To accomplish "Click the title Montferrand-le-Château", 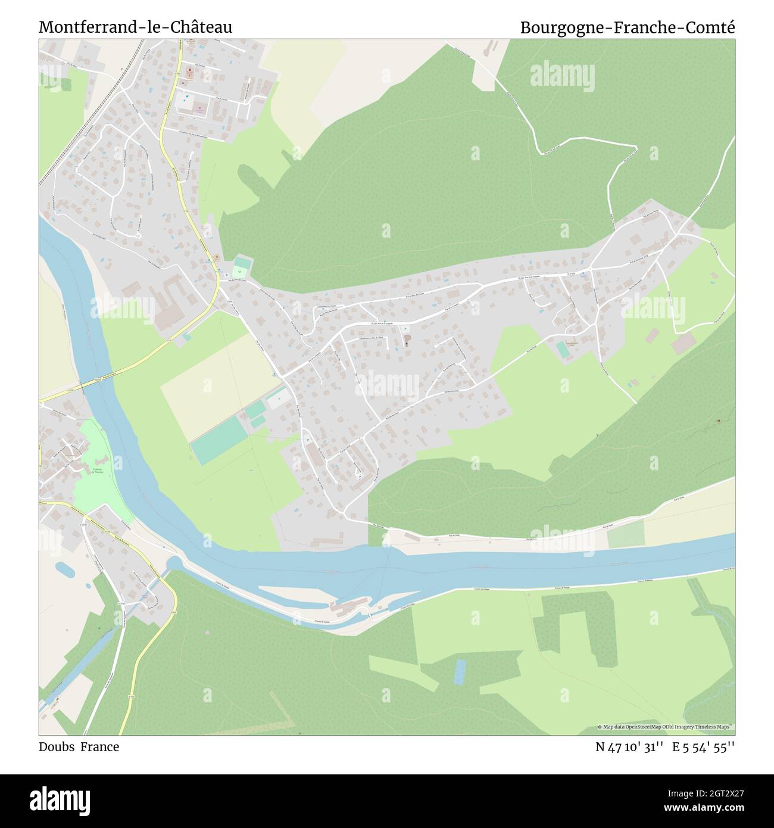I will pos(136,27).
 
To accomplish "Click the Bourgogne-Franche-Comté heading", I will pos(628,27).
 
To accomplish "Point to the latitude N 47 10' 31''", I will pos(630,747).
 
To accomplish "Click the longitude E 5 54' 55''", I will pos(704,747).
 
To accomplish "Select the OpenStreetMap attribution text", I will pos(666,727).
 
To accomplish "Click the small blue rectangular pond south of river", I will pos(460,671).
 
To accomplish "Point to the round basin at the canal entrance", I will pos(174,564).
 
